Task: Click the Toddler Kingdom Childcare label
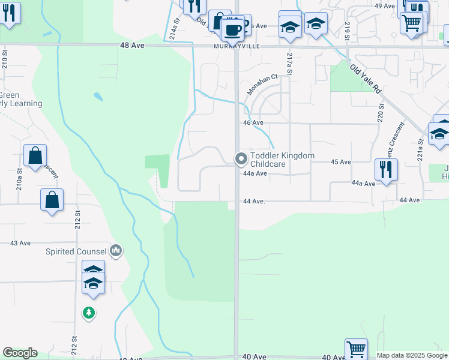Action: (282, 160)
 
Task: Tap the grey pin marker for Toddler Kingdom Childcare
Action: (241, 159)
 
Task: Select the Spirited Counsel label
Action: (76, 251)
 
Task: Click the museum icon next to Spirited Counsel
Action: (116, 251)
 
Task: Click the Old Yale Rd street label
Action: (366, 79)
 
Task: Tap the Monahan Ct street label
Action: (262, 85)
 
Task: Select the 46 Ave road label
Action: (253, 123)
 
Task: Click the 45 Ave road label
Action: (341, 162)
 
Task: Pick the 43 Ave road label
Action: (20, 243)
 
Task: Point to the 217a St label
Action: (289, 64)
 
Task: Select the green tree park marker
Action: (89, 313)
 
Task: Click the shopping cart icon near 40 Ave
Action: (356, 349)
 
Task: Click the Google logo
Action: (20, 353)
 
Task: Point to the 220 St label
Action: (381, 112)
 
